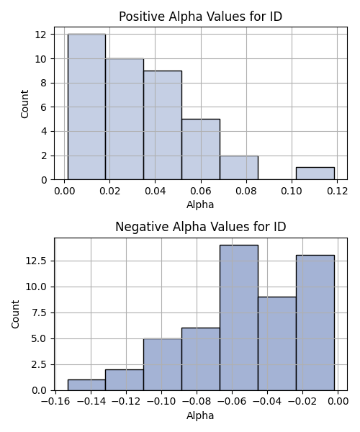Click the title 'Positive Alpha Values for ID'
click(x=200, y=17)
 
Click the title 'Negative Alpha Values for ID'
click(x=201, y=227)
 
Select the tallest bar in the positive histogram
click(x=86, y=107)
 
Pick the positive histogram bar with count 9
click(x=163, y=125)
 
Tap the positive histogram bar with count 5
click(x=201, y=149)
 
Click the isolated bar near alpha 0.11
click(x=315, y=174)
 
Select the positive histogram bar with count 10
click(x=125, y=119)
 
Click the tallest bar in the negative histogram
click(x=239, y=318)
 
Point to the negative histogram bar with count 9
click(x=277, y=343)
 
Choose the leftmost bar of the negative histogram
click(x=86, y=385)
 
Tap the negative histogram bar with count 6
click(x=201, y=359)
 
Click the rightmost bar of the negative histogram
click(x=315, y=323)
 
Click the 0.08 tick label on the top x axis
click(x=246, y=191)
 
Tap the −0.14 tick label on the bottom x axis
click(x=91, y=402)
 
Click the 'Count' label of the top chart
click(x=24, y=104)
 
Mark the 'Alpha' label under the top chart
click(x=200, y=204)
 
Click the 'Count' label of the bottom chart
click(x=15, y=315)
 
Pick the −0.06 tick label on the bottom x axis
click(x=232, y=402)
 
